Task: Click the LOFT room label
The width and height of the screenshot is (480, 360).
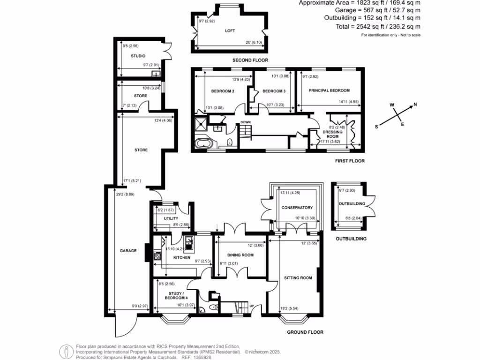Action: tap(230, 31)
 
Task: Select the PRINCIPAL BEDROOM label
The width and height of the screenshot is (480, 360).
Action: tap(329, 90)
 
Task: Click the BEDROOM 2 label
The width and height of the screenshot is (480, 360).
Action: tap(223, 91)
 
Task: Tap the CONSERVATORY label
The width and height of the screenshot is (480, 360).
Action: tap(297, 208)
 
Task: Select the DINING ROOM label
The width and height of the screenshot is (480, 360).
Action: tap(241, 255)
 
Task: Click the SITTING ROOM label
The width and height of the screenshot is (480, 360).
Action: tap(298, 278)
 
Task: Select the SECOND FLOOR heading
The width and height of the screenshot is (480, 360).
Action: tap(250, 60)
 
